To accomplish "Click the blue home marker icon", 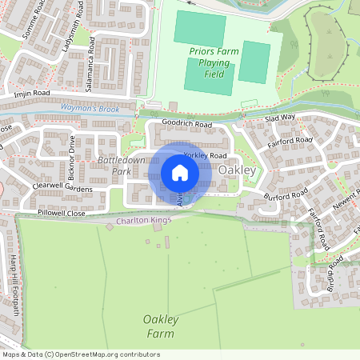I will [x=180, y=172].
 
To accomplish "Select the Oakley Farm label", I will [x=160, y=326].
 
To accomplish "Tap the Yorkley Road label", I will [x=206, y=155].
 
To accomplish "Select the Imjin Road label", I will [x=32, y=94].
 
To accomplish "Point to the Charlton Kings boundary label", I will [x=145, y=220].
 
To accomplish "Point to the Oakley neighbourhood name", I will [x=237, y=170].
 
